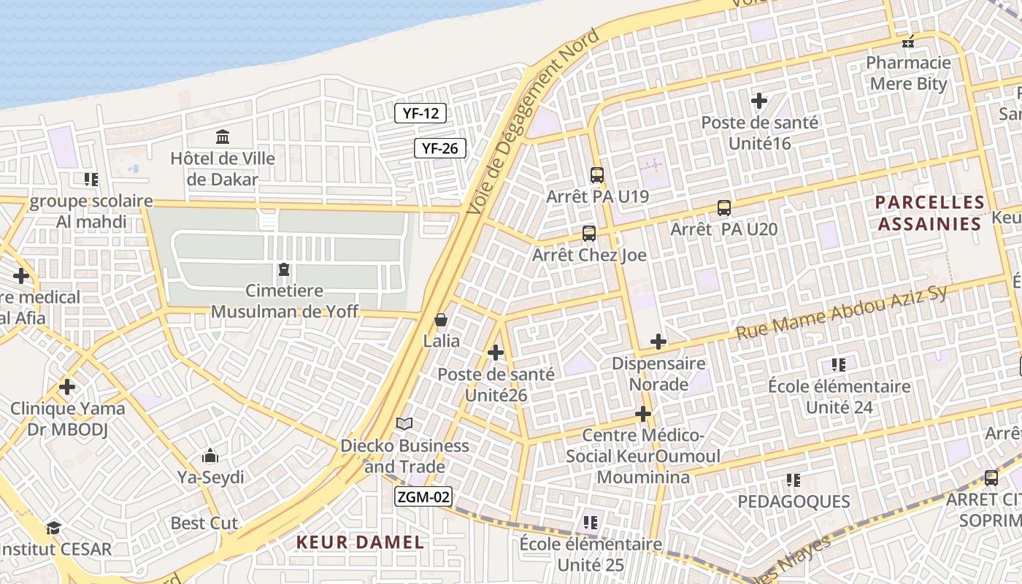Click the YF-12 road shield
pos(420,113)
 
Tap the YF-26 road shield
pos(440,148)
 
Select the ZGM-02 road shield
pos(423,497)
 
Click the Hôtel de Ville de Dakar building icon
pos(222,137)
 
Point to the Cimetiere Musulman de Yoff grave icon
pos(283,270)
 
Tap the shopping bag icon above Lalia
pos(441,320)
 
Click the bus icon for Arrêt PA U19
pos(596,175)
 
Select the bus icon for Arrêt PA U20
pos(723,208)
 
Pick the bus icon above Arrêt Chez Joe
pos(588,234)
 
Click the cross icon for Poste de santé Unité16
pos(759,101)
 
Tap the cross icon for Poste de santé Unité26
pos(496,353)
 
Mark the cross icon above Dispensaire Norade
pos(658,342)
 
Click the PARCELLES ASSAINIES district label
pos(929,212)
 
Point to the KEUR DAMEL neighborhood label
pos(360,542)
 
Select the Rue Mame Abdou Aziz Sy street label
pos(841,313)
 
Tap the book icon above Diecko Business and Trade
pos(404,423)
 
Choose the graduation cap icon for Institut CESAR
pos(53,528)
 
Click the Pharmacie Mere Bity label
pos(908,73)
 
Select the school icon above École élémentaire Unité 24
pos(838,364)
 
